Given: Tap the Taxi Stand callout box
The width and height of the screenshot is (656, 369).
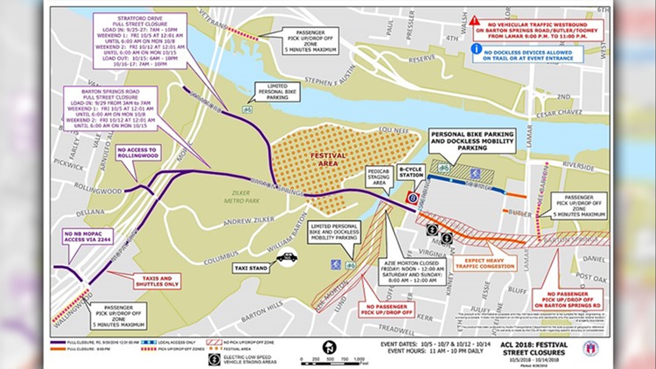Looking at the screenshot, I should pos(251,268).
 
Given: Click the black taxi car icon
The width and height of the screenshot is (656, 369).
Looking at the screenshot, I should pos(287,257).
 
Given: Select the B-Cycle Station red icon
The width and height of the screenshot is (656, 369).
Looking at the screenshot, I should pos(413,198).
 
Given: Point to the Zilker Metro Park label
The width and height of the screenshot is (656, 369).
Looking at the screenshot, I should pos(242,197).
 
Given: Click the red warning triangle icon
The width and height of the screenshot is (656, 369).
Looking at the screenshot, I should pos(474,20).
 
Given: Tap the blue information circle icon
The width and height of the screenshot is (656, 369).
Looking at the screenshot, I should pos(476,49).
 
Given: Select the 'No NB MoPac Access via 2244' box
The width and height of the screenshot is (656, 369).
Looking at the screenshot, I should pos(87,237).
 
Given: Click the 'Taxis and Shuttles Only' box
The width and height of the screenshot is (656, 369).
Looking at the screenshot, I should pos(157,281).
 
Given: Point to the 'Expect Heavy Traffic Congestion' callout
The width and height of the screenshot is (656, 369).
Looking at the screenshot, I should pos(484,263).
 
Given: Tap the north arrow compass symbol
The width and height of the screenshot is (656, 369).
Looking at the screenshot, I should pos(329,347).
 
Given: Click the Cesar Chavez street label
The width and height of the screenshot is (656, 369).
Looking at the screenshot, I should pos(559,113).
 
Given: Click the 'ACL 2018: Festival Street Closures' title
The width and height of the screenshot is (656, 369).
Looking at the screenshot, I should pos(534,348).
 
